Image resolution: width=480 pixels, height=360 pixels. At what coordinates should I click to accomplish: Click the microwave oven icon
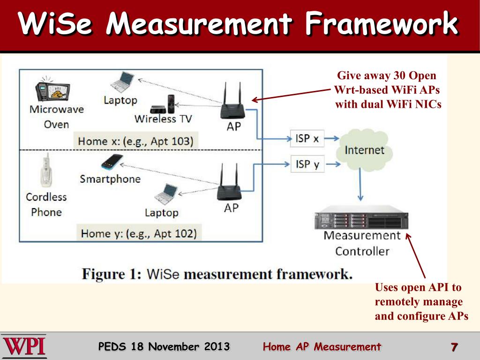(x=52, y=89)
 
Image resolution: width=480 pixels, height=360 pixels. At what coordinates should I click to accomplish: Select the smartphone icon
(x=112, y=162)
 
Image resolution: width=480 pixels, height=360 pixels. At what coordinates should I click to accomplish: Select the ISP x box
(x=307, y=138)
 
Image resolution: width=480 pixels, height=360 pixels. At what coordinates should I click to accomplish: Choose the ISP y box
(x=307, y=165)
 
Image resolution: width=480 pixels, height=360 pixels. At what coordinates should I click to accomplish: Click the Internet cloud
(x=364, y=150)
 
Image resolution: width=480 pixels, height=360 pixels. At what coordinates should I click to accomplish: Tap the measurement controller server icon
(x=361, y=220)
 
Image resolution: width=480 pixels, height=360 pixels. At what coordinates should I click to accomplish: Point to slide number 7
(x=454, y=347)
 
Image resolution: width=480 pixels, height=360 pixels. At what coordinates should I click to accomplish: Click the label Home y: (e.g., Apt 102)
(x=138, y=233)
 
